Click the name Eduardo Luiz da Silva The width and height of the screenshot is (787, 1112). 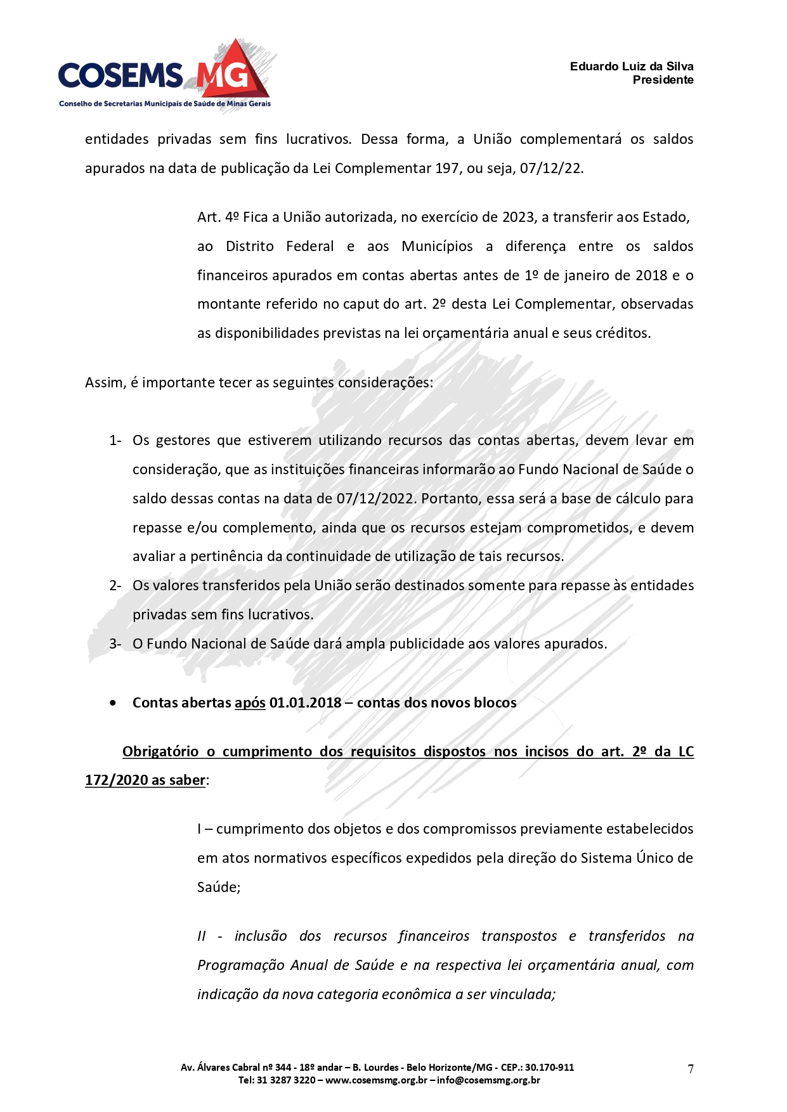pyautogui.click(x=631, y=67)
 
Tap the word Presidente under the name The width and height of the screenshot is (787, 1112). pyautogui.click(x=663, y=80)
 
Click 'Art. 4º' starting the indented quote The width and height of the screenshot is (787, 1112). pyautogui.click(x=218, y=217)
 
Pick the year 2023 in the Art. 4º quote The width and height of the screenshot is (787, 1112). pyautogui.click(x=518, y=217)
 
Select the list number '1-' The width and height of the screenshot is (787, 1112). pyautogui.click(x=115, y=441)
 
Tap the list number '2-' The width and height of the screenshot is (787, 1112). pyautogui.click(x=115, y=586)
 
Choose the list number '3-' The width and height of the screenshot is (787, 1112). pyautogui.click(x=115, y=644)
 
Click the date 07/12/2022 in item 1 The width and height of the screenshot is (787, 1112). pyautogui.click(x=375, y=499)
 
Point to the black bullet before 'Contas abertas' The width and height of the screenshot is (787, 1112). pyautogui.click(x=113, y=703)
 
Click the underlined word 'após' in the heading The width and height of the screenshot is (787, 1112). pyautogui.click(x=250, y=703)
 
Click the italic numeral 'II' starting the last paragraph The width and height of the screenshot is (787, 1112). pyautogui.click(x=202, y=936)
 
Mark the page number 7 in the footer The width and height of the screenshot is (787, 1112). pyautogui.click(x=691, y=1069)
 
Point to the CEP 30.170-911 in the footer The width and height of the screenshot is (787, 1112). pyautogui.click(x=549, y=1068)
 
